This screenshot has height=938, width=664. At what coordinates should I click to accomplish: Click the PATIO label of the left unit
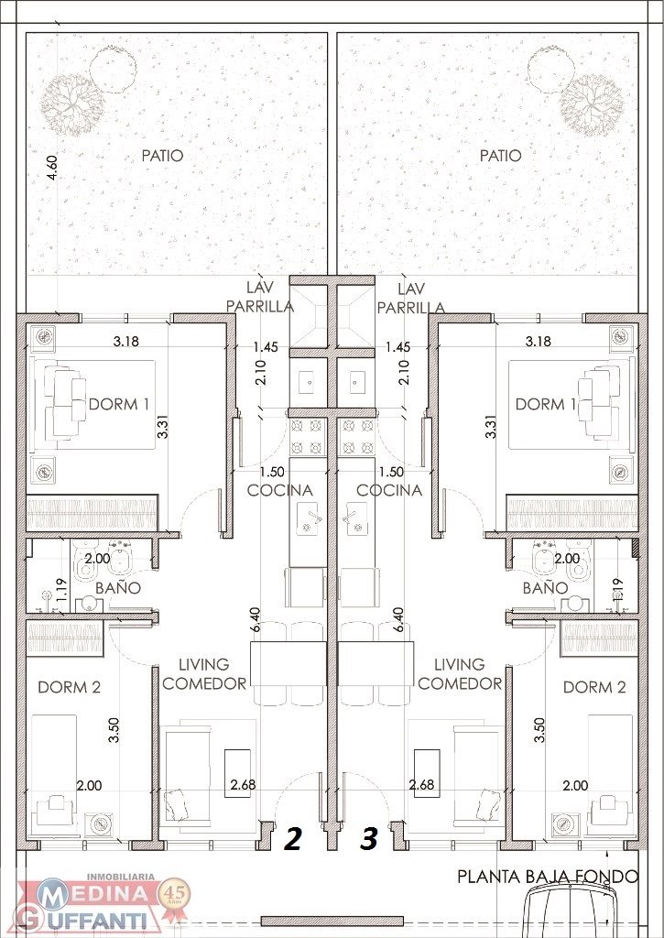tap(162, 156)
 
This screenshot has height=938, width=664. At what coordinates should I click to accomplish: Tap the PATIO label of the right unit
tap(500, 156)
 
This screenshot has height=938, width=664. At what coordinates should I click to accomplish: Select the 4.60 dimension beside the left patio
tap(52, 168)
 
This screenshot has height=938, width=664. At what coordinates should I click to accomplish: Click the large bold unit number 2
tap(292, 839)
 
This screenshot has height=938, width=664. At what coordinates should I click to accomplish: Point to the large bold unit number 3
tap(369, 839)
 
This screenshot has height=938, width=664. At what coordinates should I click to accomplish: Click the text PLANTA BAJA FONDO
tap(548, 877)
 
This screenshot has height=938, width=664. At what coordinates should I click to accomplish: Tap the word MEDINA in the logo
tap(96, 894)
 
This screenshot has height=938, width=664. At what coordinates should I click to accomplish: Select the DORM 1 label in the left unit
tap(119, 404)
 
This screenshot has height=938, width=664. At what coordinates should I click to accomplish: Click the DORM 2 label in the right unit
tap(594, 687)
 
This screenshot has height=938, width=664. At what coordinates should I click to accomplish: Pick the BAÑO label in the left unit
tap(118, 587)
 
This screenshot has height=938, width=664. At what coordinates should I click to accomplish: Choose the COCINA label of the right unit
tap(389, 491)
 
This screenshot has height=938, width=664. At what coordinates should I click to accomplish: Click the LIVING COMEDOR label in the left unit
tap(204, 674)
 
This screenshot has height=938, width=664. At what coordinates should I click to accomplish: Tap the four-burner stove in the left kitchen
tap(308, 437)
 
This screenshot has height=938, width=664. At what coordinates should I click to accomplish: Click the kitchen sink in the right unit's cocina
tap(356, 519)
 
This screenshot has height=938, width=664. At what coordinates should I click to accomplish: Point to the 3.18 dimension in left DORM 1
tap(126, 342)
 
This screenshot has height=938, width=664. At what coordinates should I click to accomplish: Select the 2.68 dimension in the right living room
tap(421, 785)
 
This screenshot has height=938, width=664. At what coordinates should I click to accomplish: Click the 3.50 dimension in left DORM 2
tap(114, 730)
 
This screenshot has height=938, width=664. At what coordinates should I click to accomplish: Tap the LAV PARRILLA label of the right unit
tap(411, 299)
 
